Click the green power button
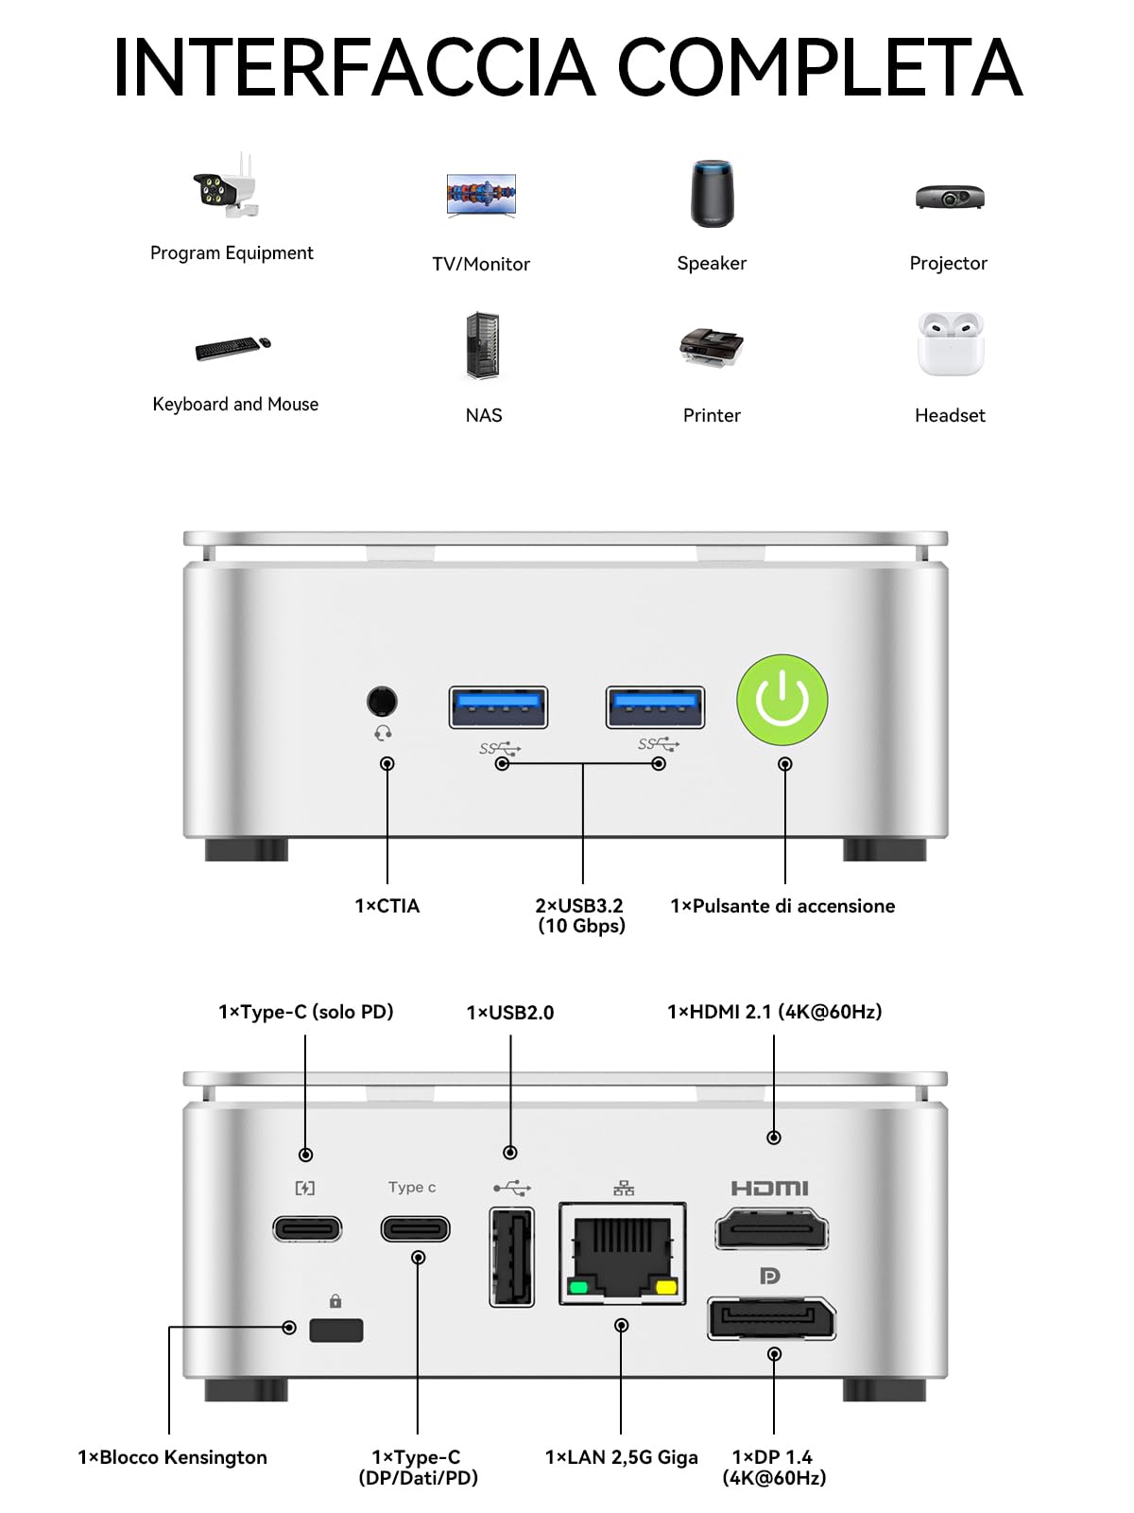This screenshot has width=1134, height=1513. [782, 700]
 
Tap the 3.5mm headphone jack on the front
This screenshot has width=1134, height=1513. [382, 701]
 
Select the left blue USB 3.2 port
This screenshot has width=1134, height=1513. [498, 707]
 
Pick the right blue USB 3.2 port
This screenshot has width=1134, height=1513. [655, 707]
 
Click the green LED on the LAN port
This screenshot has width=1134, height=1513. [578, 1287]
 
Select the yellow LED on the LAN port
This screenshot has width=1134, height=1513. [666, 1287]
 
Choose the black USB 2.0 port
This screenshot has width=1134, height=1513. [511, 1257]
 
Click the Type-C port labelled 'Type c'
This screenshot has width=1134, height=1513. [415, 1229]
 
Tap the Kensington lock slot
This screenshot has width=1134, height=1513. [336, 1330]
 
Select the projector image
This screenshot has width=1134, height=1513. [950, 197]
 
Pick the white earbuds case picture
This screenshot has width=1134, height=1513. [950, 344]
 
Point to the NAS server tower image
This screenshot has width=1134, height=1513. [483, 345]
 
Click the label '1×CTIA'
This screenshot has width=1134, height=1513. [387, 906]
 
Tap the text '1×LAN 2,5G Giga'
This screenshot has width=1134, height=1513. [622, 1457]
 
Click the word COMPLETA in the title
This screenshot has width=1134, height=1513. [819, 67]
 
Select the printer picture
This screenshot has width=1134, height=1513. [712, 347]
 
